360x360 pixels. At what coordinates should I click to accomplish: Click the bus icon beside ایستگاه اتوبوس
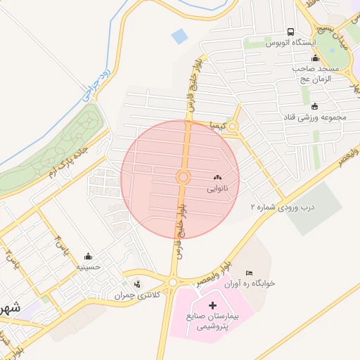[x=291, y=32]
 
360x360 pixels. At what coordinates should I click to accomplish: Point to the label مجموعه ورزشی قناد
[x=316, y=117]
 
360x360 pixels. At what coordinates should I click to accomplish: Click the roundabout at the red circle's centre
[x=183, y=176]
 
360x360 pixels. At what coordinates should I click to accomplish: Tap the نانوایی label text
[x=217, y=189]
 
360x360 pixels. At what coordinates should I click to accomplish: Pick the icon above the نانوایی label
[x=216, y=178]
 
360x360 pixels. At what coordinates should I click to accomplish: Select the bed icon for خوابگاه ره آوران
[x=248, y=273]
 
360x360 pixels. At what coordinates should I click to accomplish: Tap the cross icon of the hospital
[x=214, y=306]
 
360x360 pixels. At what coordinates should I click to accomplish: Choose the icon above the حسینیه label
[x=88, y=256]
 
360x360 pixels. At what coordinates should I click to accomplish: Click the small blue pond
[x=180, y=35]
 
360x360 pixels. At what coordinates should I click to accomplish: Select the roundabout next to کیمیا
[x=233, y=127]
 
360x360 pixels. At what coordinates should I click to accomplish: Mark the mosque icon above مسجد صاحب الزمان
[x=314, y=58]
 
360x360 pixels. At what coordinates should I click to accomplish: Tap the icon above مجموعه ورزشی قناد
[x=314, y=106]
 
